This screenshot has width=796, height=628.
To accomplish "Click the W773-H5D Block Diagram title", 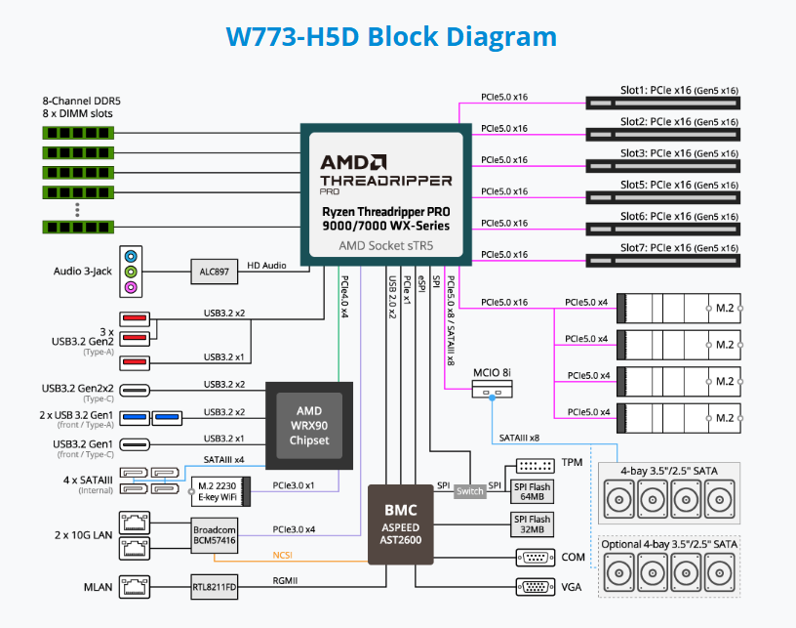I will coord(391,37).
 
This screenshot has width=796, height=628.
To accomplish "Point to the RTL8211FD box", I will coord(215,588).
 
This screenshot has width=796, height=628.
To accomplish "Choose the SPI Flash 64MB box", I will coord(532,491).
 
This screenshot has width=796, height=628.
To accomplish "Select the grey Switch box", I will coord(469,491).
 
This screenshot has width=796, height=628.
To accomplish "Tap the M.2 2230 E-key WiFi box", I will coord(219,491).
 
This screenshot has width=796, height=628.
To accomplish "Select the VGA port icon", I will coord(533,588).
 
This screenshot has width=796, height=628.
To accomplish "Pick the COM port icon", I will coord(533,558).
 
